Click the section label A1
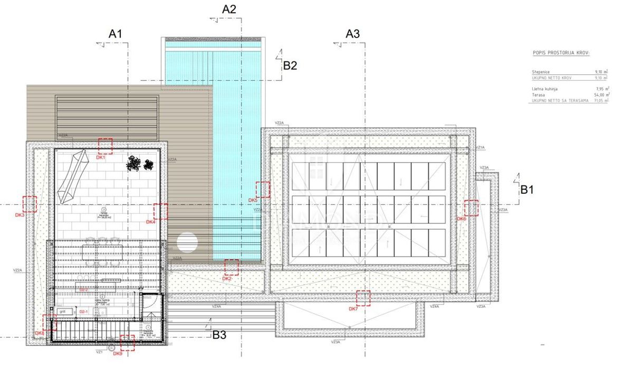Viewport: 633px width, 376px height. pyautogui.click(x=116, y=33)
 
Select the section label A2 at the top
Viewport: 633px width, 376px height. pyautogui.click(x=229, y=9)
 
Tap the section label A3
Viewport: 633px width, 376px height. pyautogui.click(x=352, y=33)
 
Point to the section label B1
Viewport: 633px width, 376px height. pyautogui.click(x=527, y=190)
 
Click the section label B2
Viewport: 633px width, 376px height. pyautogui.click(x=290, y=65)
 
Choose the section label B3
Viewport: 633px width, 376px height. pyautogui.click(x=219, y=334)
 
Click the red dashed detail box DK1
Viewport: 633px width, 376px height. pyautogui.click(x=105, y=146)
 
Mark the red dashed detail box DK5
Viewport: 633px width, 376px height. pyautogui.click(x=263, y=189)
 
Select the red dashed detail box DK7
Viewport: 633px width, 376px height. pyautogui.click(x=363, y=298)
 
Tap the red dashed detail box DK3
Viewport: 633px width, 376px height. pyautogui.click(x=30, y=203)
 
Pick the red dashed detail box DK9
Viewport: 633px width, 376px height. pyautogui.click(x=127, y=343)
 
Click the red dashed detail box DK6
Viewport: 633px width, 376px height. pyautogui.click(x=471, y=208)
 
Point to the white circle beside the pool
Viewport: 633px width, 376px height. pyautogui.click(x=187, y=243)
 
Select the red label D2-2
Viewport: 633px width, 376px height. pyautogui.click(x=83, y=290)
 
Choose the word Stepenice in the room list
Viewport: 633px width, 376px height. pyautogui.click(x=542, y=71)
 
